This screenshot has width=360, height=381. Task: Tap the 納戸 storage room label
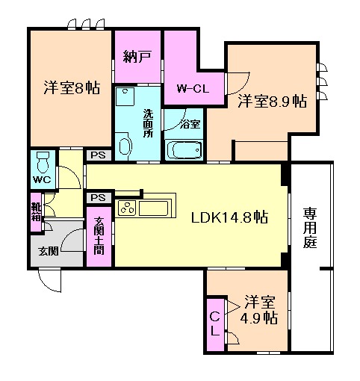click(x=137, y=55)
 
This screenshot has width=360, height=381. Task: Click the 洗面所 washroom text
click(x=148, y=123)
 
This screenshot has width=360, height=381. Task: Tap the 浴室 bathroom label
click(x=190, y=123)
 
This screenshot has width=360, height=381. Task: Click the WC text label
click(x=42, y=180)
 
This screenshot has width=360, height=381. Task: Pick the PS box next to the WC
click(x=97, y=155)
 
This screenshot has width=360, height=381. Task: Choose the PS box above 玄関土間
click(x=97, y=197)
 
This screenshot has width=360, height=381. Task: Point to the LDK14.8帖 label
click(x=229, y=218)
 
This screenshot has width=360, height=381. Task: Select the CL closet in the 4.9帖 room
click(x=214, y=323)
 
